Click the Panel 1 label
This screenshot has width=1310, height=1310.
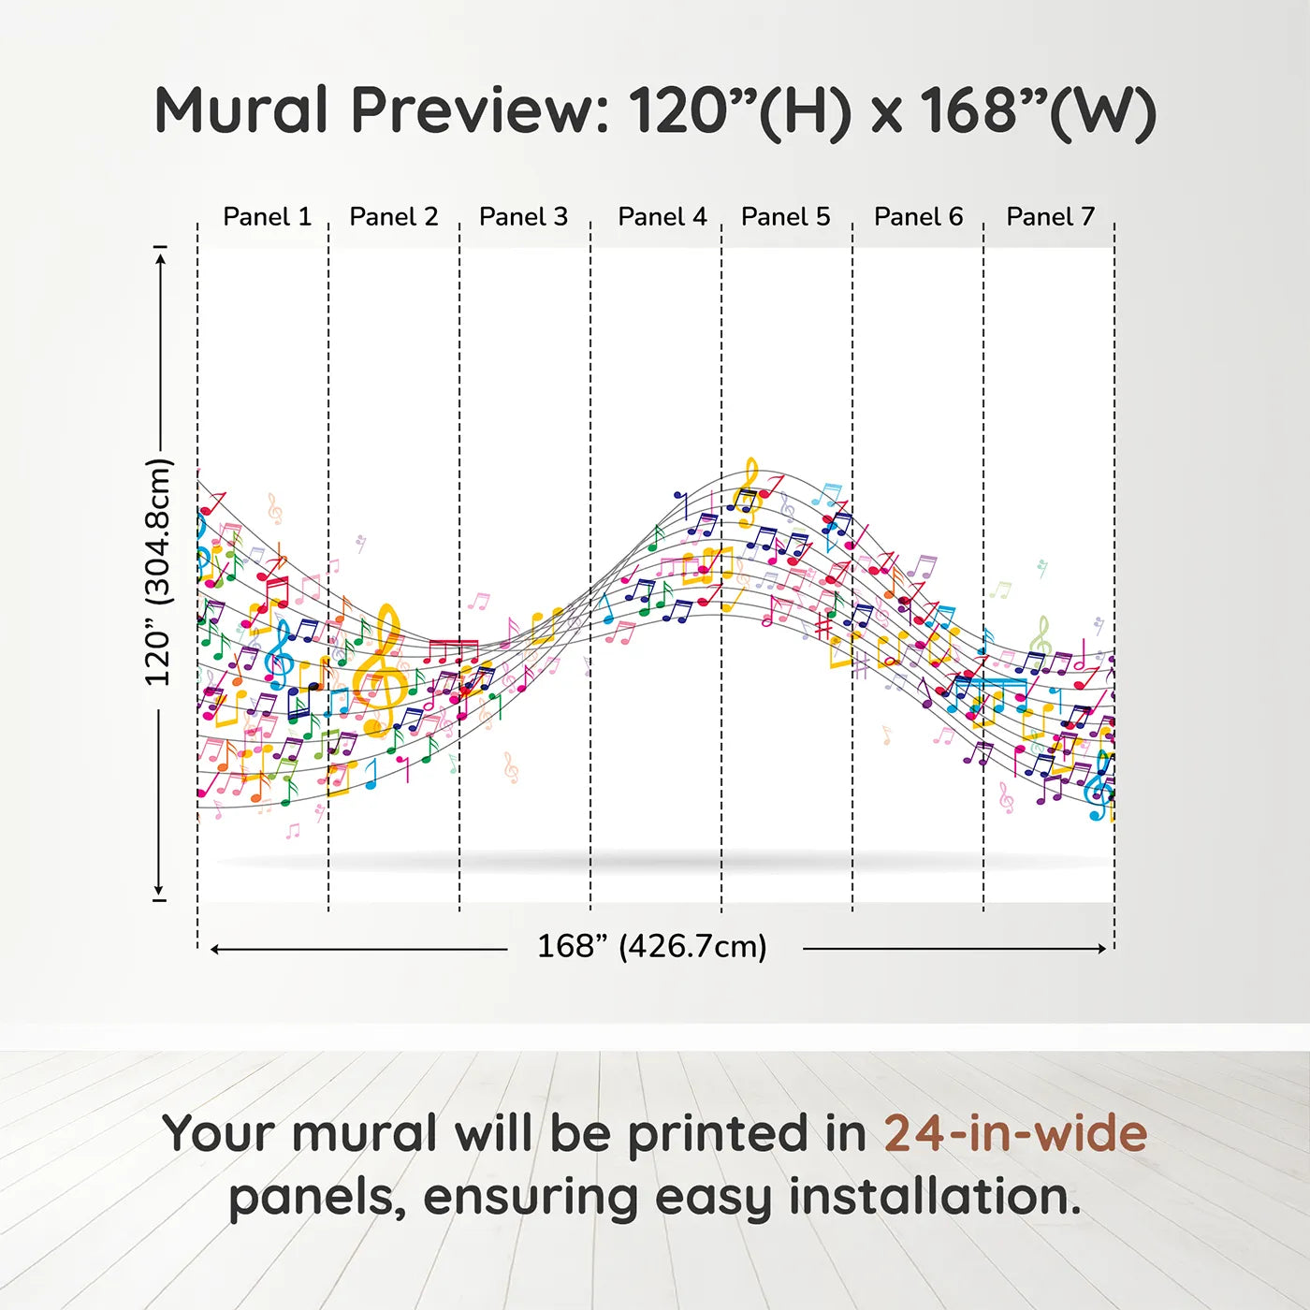268,217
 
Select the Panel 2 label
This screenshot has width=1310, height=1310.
394,217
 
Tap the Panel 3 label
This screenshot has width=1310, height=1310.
523,217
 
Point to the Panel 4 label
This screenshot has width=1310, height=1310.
662,217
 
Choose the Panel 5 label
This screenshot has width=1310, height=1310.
786,217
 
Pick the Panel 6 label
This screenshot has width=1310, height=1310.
919,217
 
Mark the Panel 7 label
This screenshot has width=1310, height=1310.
1050,217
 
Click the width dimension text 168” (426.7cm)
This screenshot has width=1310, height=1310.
652,946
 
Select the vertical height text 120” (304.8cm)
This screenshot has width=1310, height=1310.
159,572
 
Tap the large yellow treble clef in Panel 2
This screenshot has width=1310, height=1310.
384,670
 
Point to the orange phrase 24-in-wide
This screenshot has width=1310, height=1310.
1015,1133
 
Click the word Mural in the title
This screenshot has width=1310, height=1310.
241,109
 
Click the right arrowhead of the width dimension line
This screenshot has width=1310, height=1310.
1102,949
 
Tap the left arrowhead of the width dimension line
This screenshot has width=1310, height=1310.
216,949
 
